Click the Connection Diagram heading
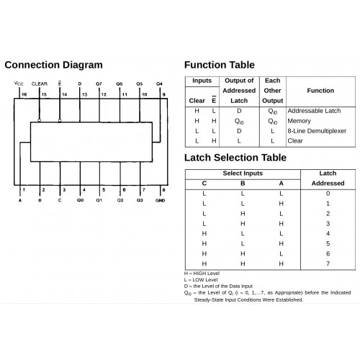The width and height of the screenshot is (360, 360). pyautogui.click(x=53, y=65)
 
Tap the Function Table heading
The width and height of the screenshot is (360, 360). pyautogui.click(x=220, y=65)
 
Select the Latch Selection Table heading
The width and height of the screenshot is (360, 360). pyautogui.click(x=235, y=158)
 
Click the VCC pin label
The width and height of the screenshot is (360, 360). pyautogui.click(x=19, y=84)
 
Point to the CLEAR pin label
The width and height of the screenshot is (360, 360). pyautogui.click(x=40, y=84)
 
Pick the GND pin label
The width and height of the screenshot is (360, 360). pyautogui.click(x=160, y=200)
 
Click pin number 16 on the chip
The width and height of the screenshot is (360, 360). pyautogui.click(x=24, y=94)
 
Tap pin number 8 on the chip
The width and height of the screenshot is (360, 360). pyautogui.click(x=163, y=190)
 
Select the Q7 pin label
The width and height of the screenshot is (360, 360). pyautogui.click(x=99, y=84)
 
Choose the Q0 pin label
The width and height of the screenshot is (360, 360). pyautogui.click(x=80, y=200)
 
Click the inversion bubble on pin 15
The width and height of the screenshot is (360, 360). pyautogui.click(x=40, y=120)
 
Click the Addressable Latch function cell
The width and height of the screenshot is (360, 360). pyautogui.click(x=314, y=111)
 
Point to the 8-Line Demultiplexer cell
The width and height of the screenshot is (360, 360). pyautogui.click(x=317, y=131)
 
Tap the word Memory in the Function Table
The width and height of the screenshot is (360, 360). pyautogui.click(x=299, y=121)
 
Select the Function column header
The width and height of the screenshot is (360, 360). pyautogui.click(x=320, y=91)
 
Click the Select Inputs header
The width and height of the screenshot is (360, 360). pyautogui.click(x=243, y=174)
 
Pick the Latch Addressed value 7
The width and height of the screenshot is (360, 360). pyautogui.click(x=328, y=264)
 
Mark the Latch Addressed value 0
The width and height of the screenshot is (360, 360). pyautogui.click(x=328, y=194)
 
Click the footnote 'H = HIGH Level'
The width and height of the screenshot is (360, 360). pyautogui.click(x=202, y=274)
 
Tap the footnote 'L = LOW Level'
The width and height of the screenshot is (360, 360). pyautogui.click(x=201, y=280)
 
